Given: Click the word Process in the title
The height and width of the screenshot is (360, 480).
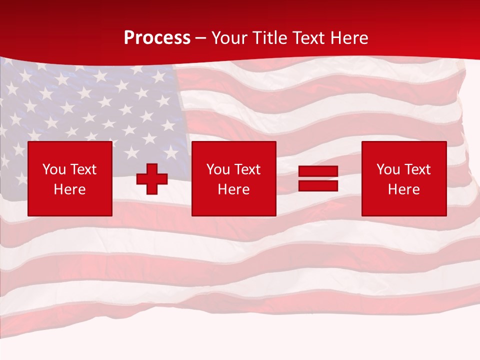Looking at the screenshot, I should point(157,38).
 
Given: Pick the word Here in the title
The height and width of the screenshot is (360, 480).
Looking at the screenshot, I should point(349,38).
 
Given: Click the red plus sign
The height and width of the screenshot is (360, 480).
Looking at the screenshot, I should point(152,179).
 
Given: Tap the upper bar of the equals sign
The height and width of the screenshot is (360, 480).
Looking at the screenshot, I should point(318,171).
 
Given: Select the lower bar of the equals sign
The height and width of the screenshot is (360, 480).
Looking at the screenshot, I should point(318,185).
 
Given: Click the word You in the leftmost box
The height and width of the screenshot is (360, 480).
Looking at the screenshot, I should point(54,169).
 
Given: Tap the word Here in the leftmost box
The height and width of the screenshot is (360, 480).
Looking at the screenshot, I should point(70,189).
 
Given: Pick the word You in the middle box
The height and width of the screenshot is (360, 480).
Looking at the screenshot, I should point(218,169).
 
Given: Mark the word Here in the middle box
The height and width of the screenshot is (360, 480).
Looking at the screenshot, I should point(234,189).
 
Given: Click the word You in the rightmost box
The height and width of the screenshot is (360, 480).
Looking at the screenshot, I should point(388,169).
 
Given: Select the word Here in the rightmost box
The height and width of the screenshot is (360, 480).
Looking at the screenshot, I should point(404,189).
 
